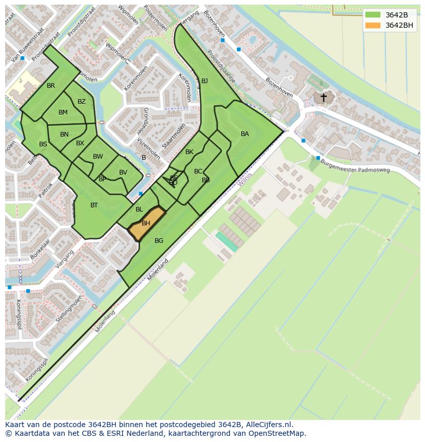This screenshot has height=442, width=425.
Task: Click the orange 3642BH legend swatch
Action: pos(373,25)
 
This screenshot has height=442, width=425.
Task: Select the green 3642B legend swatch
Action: pos(373,14)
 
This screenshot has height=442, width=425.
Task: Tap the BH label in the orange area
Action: pos(146,223)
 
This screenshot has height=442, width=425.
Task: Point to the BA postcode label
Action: pos(245,134)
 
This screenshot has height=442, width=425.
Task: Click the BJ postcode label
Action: pos(204,81)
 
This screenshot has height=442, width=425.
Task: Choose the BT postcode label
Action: pos(94,205)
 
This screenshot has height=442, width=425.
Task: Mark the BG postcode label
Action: pos(159,241)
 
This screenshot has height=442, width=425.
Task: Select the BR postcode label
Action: pos(51,86)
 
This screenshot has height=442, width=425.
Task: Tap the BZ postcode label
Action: pos(82,102)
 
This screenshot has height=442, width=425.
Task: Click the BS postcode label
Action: pos(43,144)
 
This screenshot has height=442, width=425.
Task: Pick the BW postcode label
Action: pos(98,157)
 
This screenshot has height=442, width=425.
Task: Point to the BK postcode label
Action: pos(189,152)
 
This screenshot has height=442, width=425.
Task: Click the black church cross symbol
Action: pos(323,97)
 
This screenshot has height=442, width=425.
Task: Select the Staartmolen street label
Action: pos(173,136)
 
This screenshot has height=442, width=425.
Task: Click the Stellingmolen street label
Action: pos(69,309)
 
